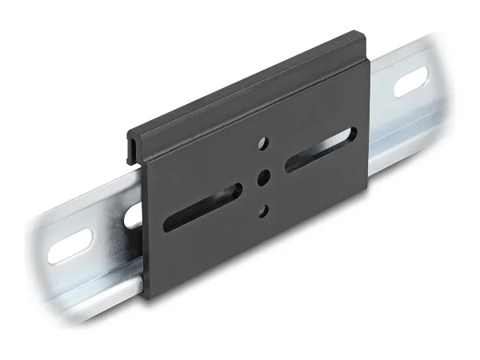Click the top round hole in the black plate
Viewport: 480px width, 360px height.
263,145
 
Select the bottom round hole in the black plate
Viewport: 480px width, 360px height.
263,210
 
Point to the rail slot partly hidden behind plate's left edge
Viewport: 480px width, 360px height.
134,212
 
